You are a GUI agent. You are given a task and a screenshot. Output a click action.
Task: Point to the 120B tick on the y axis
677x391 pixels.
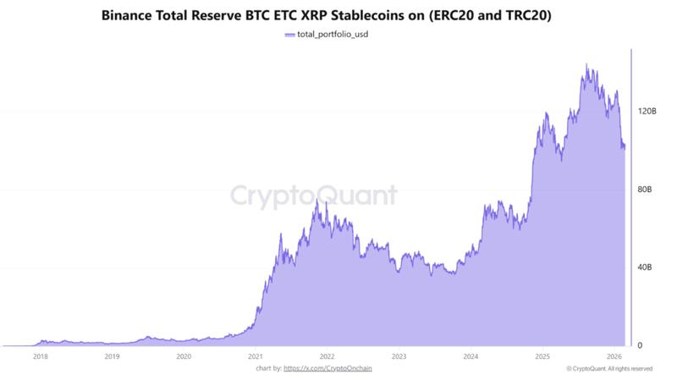[646, 111]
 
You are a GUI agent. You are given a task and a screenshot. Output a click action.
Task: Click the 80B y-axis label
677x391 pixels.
[644, 190]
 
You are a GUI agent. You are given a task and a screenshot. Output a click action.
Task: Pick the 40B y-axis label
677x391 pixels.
[644, 267]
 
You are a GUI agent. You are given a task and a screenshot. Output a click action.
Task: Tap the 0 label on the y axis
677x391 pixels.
[639, 345]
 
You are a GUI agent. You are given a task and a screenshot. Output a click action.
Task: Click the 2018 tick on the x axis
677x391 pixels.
[40, 357]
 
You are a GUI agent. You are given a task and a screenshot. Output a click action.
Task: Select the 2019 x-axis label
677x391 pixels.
[112, 357]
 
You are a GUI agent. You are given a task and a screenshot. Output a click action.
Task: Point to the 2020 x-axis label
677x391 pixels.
[184, 357]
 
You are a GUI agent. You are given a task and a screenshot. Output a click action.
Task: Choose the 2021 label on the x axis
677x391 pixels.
[255, 357]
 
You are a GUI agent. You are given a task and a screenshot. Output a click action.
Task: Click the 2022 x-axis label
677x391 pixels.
[327, 357]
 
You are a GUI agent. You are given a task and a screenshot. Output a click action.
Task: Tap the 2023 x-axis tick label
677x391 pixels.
[399, 357]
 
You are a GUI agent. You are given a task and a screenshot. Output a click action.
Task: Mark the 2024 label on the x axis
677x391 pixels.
[471, 357]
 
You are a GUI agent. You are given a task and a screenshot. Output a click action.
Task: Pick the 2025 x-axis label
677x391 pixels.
[542, 357]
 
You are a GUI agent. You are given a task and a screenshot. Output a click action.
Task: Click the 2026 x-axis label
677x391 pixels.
[614, 357]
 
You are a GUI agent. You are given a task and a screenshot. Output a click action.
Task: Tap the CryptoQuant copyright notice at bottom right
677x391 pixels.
[609, 368]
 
